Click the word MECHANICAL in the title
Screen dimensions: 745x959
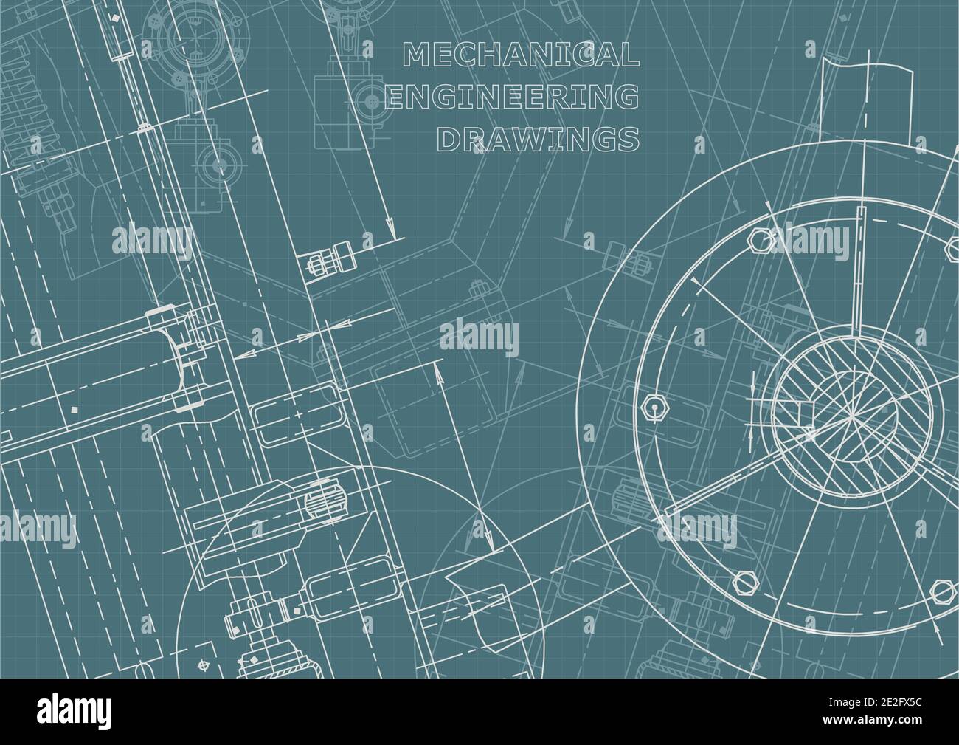pos(520,55)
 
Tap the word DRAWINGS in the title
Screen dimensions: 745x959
pos(538,138)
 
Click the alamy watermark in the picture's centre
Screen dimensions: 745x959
pos(479,339)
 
